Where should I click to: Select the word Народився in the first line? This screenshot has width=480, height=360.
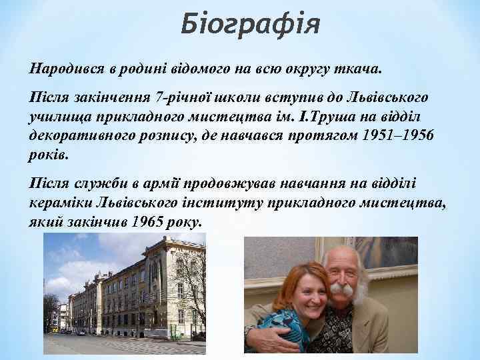click(x=61, y=69)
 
